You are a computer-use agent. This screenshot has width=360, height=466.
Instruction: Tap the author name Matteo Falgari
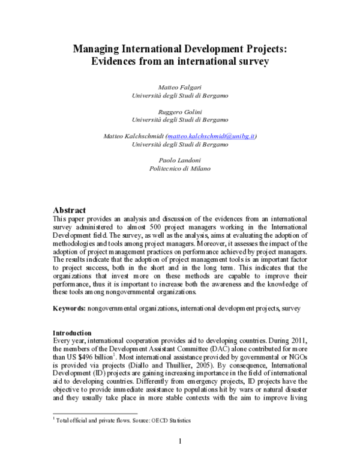coord(180,86)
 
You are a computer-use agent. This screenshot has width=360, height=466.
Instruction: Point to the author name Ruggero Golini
coord(180,111)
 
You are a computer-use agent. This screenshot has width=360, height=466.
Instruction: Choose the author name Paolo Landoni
coord(180,161)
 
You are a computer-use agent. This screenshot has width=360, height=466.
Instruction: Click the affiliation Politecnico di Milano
coord(180,169)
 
